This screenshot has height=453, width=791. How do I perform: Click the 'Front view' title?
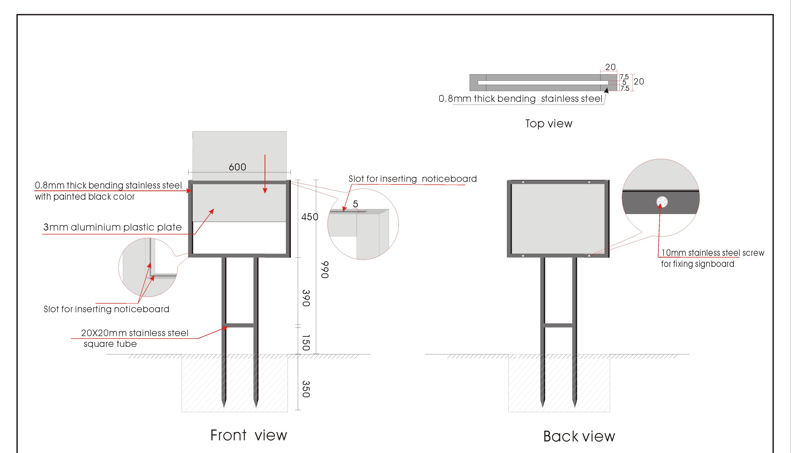coord(249,435)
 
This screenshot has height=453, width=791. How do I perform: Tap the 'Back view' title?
coord(579,437)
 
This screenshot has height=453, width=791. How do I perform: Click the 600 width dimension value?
coord(237,167)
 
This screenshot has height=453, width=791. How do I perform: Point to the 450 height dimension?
coord(310,217)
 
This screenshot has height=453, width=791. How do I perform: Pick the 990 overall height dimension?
coord(325,269)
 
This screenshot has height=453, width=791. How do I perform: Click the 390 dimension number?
coord(306,298)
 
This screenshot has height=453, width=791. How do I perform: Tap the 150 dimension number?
coord(306,343)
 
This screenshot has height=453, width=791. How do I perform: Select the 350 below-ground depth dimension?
coord(306,389)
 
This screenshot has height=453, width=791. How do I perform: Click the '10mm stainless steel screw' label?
coord(713,253)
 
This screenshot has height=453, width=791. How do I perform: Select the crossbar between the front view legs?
coord(240,325)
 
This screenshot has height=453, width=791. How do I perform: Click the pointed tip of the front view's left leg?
coord(224,405)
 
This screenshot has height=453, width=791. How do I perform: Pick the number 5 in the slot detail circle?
coord(355,204)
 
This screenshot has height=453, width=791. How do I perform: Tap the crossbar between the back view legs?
coord(558,325)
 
